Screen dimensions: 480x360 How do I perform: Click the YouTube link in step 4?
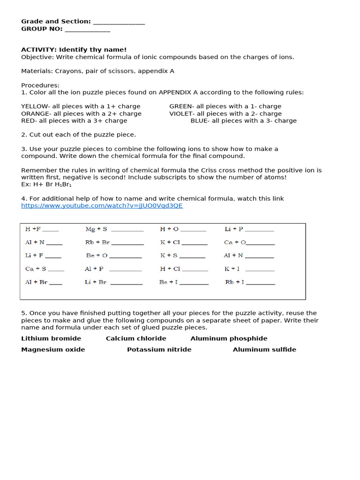point(102,206)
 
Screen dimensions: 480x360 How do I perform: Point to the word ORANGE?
point(36,113)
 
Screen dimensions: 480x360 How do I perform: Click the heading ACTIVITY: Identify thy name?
point(74,50)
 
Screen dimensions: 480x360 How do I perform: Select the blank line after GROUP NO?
point(87,29)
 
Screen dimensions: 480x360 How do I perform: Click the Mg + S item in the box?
point(96,229)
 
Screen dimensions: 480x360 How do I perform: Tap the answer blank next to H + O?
point(193,230)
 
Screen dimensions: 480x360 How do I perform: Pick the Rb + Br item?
point(97,242)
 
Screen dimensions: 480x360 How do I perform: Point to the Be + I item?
point(168,282)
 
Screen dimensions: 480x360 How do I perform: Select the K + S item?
point(169,255)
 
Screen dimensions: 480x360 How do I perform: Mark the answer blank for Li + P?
point(259,230)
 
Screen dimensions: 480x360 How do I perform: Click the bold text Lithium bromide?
point(51,338)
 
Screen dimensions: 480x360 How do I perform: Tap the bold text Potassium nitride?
point(159,350)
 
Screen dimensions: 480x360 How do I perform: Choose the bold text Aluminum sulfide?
point(264,350)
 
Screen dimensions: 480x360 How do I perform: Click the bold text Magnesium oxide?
point(53,350)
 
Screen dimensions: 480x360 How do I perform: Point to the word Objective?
point(37,57)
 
